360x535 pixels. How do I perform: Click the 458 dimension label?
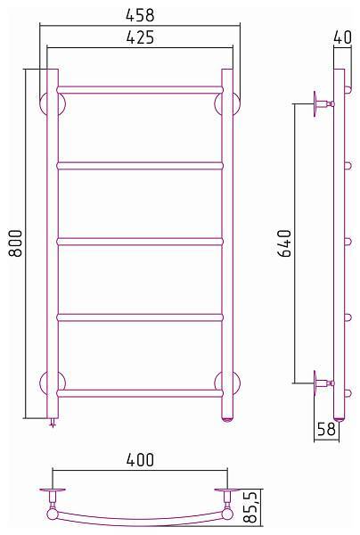coord(140,15)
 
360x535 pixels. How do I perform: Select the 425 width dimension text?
coord(140,37)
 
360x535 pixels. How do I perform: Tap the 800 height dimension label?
coord(16,243)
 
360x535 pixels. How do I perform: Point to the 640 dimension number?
coord(284,243)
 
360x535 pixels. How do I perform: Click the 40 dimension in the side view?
coord(342,37)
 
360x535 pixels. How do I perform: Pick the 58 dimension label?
coord(326,429)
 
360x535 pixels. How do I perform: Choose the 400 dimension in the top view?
coord(140,460)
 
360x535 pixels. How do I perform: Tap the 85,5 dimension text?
coord(250,507)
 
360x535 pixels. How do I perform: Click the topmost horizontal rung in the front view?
coord(140,90)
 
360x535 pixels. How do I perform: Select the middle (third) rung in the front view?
coord(140,242)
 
